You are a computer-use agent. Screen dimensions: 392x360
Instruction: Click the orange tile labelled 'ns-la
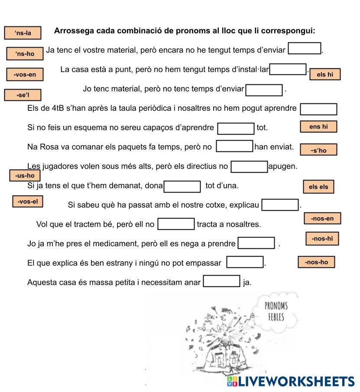click(23, 33)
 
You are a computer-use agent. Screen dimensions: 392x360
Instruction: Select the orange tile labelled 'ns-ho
click(25, 54)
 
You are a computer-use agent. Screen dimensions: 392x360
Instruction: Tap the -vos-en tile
click(25, 74)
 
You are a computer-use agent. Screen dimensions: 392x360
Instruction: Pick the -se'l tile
click(23, 95)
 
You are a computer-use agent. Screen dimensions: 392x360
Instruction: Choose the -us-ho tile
click(25, 175)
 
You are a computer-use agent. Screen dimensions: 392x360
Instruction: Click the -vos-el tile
click(28, 202)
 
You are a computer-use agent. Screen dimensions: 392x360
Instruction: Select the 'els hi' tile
click(325, 74)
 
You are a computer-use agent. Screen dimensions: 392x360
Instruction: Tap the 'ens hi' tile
click(318, 127)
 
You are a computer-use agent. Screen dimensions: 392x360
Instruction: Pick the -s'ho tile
click(318, 150)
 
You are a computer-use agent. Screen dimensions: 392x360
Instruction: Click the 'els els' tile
click(318, 187)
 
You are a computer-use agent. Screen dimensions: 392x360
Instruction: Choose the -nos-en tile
click(322, 218)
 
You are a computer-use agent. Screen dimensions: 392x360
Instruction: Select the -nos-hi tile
click(322, 238)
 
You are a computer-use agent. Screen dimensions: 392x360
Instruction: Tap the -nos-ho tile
click(316, 262)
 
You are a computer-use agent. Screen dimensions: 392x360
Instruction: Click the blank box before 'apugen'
click(249, 167)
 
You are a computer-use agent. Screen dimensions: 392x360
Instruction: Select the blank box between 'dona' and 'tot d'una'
click(182, 186)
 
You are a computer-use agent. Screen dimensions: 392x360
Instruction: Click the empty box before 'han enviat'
click(234, 146)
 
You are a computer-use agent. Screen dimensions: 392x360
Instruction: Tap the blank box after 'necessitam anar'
click(221, 281)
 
